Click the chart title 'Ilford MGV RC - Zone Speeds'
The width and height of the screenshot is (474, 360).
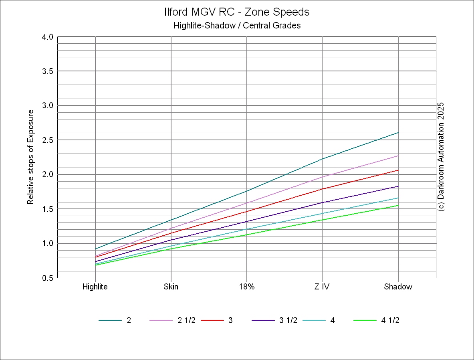(237, 12)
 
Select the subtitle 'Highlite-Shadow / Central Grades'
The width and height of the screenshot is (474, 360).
(237, 26)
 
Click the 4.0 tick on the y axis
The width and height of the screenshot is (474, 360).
(48, 37)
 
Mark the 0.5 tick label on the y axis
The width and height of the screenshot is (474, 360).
(48, 278)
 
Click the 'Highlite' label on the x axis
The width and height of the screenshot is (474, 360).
(95, 287)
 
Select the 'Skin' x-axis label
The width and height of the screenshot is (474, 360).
(171, 287)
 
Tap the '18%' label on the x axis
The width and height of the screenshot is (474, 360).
(246, 287)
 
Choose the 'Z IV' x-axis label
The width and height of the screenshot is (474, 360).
(322, 287)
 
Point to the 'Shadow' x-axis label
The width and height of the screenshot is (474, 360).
(398, 287)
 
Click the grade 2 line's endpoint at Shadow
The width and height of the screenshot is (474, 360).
(398, 132)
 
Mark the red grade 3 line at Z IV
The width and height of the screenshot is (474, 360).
(322, 189)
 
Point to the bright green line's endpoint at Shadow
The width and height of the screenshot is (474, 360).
(398, 206)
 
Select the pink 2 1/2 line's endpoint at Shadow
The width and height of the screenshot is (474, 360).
(398, 156)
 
